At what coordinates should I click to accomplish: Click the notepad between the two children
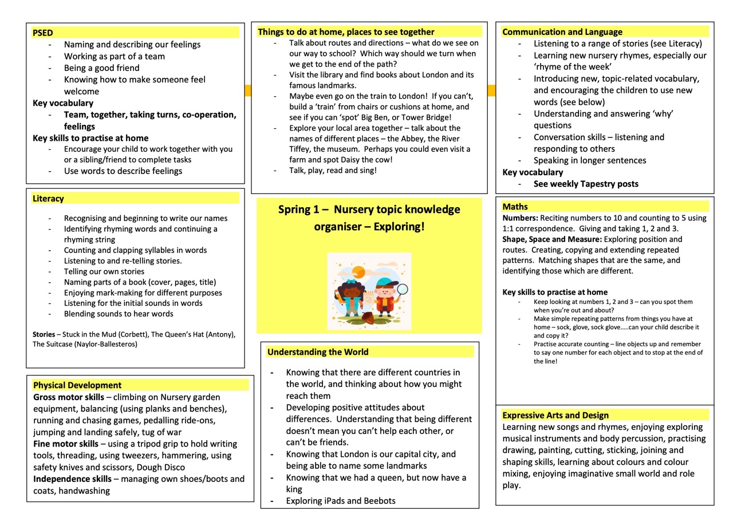tap(368, 299)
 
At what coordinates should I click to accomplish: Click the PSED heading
tap(43, 33)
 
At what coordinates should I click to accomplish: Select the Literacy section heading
tap(48, 199)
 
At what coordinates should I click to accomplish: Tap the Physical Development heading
tap(77, 385)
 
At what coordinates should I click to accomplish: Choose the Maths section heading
tap(515, 207)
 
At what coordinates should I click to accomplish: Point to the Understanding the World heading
tap(318, 352)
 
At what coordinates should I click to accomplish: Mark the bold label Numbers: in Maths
tap(520, 218)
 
